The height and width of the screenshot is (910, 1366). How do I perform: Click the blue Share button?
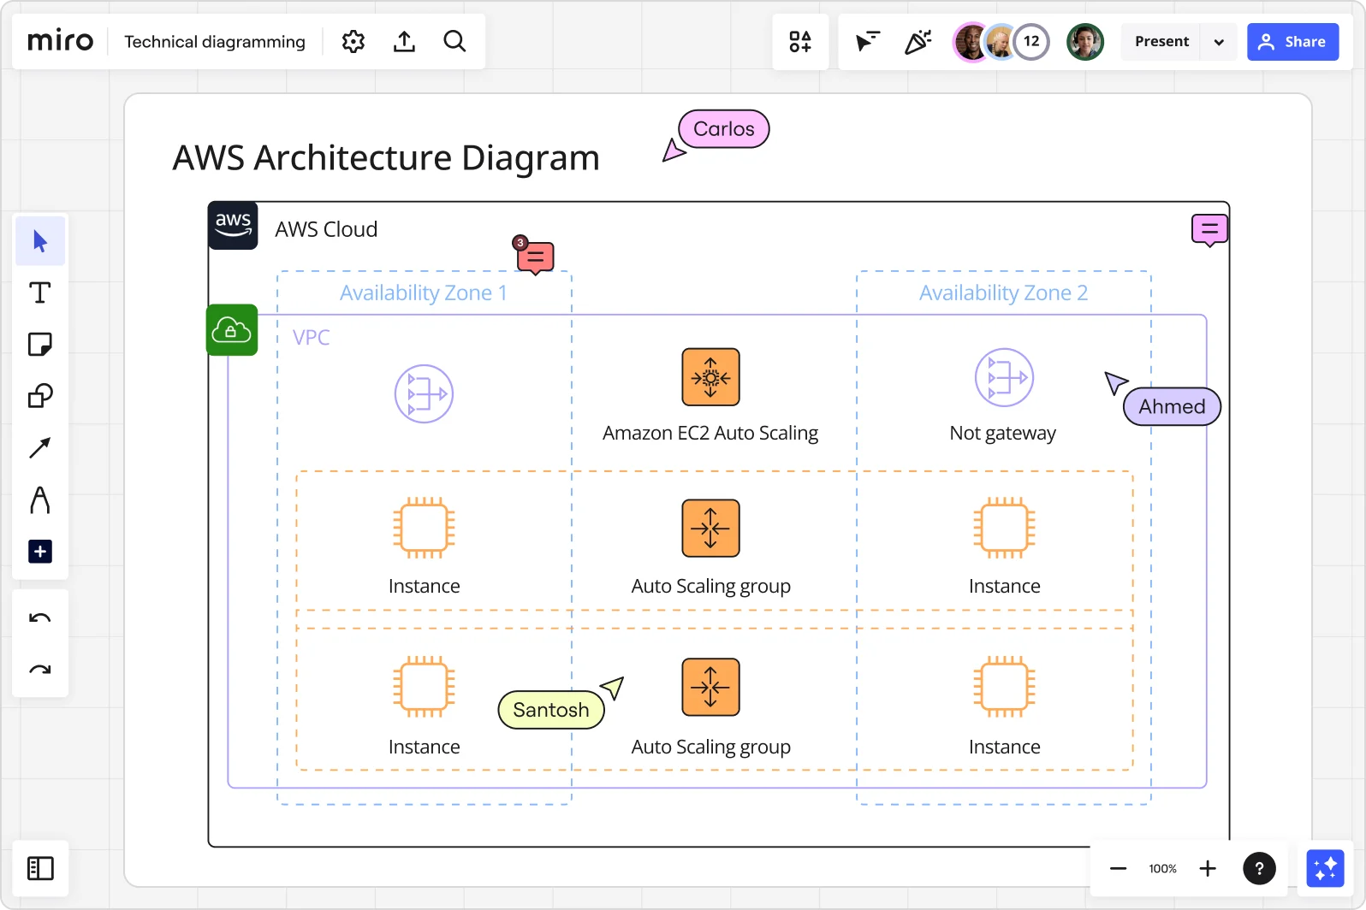[1292, 42]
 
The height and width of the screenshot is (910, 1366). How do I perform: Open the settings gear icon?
[353, 42]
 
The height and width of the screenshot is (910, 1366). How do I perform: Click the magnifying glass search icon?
[454, 42]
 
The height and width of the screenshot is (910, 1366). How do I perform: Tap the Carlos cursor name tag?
[724, 129]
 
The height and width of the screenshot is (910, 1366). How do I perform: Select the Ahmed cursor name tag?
[1172, 406]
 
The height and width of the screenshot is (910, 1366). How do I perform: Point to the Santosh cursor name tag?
[551, 710]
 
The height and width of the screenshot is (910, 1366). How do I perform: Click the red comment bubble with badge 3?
[536, 257]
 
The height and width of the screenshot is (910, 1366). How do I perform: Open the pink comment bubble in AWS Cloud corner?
[1209, 229]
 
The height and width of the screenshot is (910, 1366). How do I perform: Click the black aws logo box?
[233, 226]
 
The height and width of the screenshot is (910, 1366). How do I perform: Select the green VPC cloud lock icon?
[232, 330]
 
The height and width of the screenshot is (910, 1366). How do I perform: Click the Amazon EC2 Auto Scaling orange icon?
[710, 377]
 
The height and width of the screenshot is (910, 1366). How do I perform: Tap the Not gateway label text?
[1003, 434]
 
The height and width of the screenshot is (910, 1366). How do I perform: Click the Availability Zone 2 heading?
[1003, 293]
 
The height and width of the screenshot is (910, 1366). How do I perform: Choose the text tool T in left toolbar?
[40, 293]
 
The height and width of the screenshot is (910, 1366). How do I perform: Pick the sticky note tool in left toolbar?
[40, 345]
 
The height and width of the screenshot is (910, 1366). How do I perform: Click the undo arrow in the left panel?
[40, 618]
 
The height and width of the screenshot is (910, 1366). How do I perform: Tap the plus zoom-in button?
[1208, 869]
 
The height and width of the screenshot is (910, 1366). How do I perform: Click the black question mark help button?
[1259, 869]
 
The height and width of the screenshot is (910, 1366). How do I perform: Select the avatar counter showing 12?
[1031, 42]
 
